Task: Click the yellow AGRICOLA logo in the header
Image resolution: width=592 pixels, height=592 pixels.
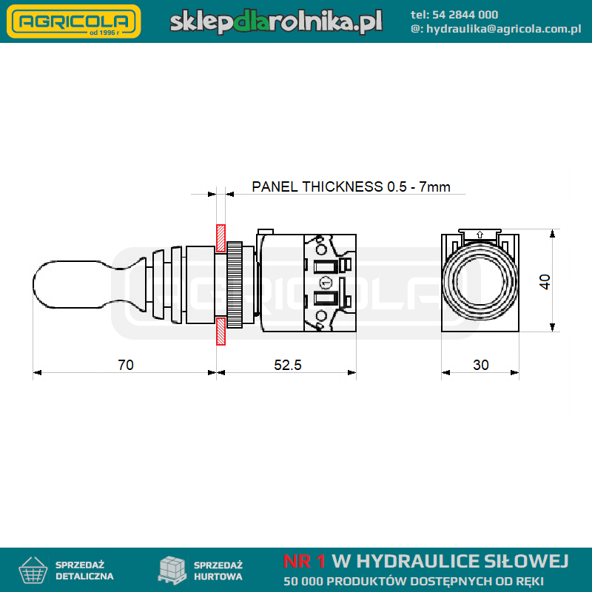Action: pos(74,21)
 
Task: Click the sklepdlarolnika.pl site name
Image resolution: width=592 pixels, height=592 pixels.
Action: pos(276,21)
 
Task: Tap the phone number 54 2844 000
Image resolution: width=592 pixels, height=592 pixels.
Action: pos(465,15)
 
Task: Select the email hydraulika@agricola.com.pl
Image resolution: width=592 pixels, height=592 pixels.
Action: pos(504,29)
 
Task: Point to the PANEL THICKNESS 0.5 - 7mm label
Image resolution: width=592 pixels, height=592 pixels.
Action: pos(351,187)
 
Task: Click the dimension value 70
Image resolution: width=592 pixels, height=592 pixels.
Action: pos(126,365)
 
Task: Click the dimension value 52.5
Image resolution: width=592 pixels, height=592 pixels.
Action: pos(288,365)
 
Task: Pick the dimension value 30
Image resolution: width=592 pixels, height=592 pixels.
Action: pos(480,365)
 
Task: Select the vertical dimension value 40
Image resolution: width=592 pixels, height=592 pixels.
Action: pos(545,282)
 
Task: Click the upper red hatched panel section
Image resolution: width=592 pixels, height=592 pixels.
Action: pos(221,238)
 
